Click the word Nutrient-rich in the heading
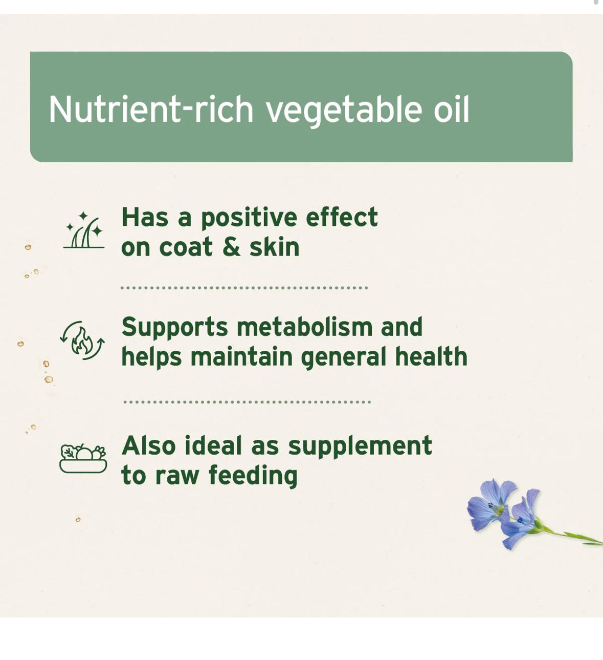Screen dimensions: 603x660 pyautogui.click(x=151, y=109)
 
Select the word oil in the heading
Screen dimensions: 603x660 pyautogui.click(x=451, y=109)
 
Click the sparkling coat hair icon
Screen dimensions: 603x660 pyautogui.click(x=84, y=230)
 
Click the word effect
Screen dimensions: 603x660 pyautogui.click(x=342, y=217)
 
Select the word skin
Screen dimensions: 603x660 pyautogui.click(x=274, y=247)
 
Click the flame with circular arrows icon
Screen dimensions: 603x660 pyautogui.click(x=82, y=340)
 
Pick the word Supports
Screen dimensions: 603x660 pyautogui.click(x=174, y=328)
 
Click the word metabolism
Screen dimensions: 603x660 pyautogui.click(x=304, y=327)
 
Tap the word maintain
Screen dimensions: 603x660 pyautogui.click(x=241, y=357)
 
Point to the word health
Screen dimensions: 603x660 pyautogui.click(x=431, y=356)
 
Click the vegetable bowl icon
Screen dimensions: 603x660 pyautogui.click(x=83, y=458)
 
